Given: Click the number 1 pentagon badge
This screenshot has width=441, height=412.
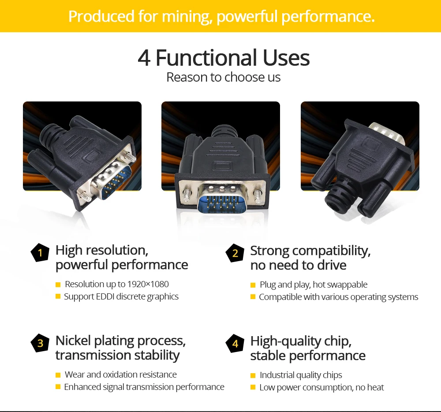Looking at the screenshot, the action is coord(40,253).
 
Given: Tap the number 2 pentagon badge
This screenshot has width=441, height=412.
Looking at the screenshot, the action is coord(235,253).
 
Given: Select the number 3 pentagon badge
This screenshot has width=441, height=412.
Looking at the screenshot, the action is coord(40,343).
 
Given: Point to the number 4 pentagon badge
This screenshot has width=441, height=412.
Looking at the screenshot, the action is coord(235,343).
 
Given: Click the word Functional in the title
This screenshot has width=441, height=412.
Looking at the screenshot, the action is coord(206,58).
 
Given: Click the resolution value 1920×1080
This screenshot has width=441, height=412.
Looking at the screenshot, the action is coord(148,285).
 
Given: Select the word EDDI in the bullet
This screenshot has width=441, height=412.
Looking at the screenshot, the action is coord(105,297).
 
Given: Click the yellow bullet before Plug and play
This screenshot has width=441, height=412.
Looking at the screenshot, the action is coord(253,285).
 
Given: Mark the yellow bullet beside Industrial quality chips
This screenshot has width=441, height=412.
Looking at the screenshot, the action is coord(253,375).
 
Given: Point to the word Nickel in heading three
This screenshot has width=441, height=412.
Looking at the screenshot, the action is coord(73,341).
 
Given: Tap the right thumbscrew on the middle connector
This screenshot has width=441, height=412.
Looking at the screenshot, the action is coord(258,196).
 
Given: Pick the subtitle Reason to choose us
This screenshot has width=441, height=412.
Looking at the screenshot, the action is coord(223,77).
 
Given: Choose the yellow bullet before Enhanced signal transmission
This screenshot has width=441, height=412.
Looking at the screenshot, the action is coord(58,387).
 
